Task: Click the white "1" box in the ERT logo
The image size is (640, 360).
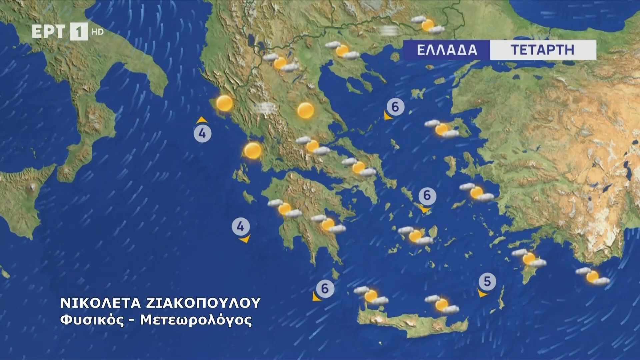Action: [x=79, y=32]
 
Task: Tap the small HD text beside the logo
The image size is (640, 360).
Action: [x=98, y=32]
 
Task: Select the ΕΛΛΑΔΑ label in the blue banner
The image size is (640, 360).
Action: [x=447, y=50]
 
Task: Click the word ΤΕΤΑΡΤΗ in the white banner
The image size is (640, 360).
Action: [x=542, y=50]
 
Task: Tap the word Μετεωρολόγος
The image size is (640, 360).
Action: [x=196, y=320]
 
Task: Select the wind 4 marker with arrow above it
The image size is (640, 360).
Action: [x=203, y=134]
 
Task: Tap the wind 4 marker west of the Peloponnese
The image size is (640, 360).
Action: [x=241, y=227]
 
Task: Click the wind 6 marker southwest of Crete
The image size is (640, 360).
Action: [x=325, y=288]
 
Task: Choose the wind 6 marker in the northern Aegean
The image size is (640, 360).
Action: [x=395, y=107]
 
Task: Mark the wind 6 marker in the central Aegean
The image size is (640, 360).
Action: [x=427, y=195]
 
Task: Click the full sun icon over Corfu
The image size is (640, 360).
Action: [x=224, y=103]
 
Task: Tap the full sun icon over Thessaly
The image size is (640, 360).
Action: [x=305, y=110]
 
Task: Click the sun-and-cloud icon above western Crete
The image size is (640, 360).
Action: [x=371, y=296]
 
